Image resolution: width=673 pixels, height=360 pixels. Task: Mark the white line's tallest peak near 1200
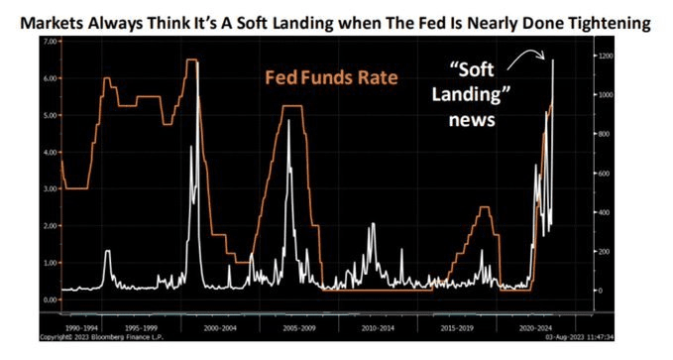553,60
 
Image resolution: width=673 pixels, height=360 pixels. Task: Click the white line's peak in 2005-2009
288,122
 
